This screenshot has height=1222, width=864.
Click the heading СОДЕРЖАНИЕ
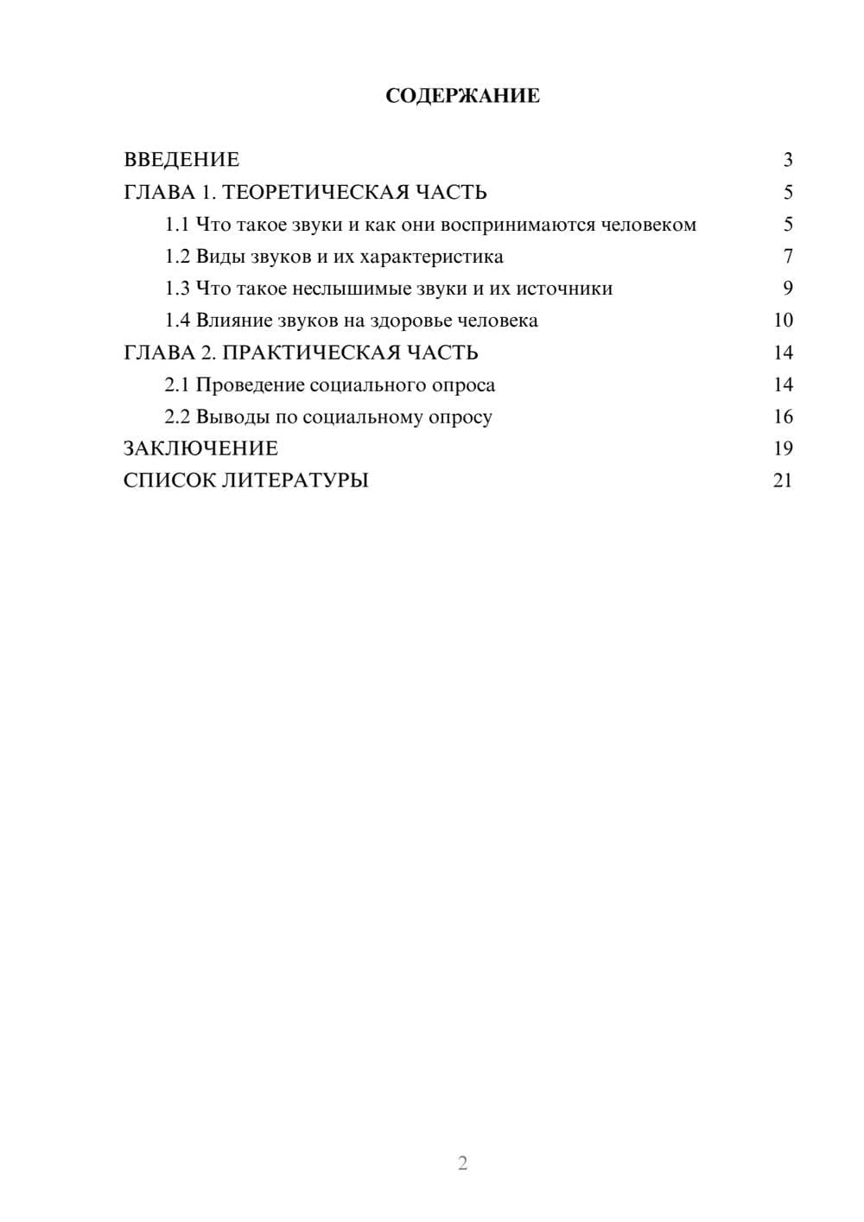pyautogui.click(x=462, y=96)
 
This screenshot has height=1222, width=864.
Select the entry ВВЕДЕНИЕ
pyautogui.click(x=181, y=160)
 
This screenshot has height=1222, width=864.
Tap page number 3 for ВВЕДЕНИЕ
pyautogui.click(x=787, y=160)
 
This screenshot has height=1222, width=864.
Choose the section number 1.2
pyautogui.click(x=177, y=257)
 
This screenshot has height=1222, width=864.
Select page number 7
pyautogui.click(x=787, y=257)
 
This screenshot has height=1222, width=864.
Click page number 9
pyautogui.click(x=787, y=289)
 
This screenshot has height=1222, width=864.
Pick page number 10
pyautogui.click(x=783, y=321)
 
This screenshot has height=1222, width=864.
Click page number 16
pyautogui.click(x=783, y=417)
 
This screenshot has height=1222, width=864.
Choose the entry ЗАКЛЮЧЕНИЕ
pyautogui.click(x=200, y=449)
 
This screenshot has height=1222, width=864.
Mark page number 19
pyautogui.click(x=783, y=449)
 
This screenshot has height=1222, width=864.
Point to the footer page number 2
pyautogui.click(x=462, y=1163)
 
